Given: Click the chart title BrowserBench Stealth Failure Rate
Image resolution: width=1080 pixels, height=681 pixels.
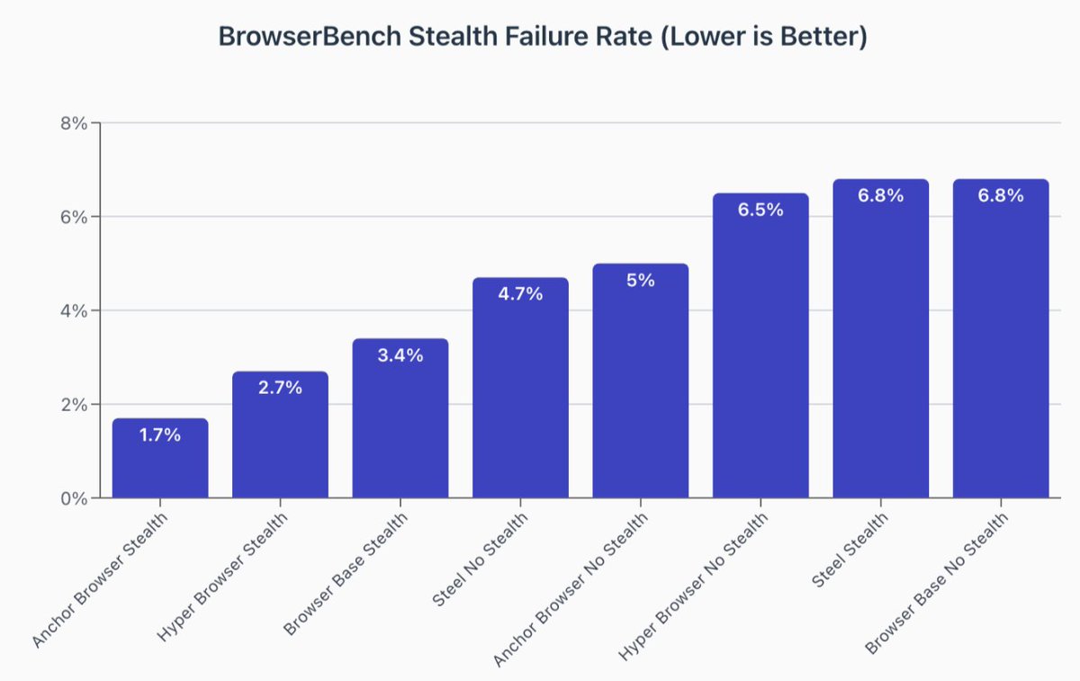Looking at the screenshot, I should [x=543, y=38].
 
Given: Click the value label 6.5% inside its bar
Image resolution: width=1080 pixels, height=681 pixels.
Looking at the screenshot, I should [x=760, y=210].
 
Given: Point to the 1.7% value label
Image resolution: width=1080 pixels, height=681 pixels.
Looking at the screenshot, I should [x=160, y=435].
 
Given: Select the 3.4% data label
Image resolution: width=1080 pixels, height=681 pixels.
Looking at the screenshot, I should [x=400, y=354].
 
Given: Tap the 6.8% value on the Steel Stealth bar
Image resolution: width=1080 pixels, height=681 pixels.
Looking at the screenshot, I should [x=880, y=195].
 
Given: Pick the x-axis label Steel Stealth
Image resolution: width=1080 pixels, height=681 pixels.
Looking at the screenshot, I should [x=850, y=550].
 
